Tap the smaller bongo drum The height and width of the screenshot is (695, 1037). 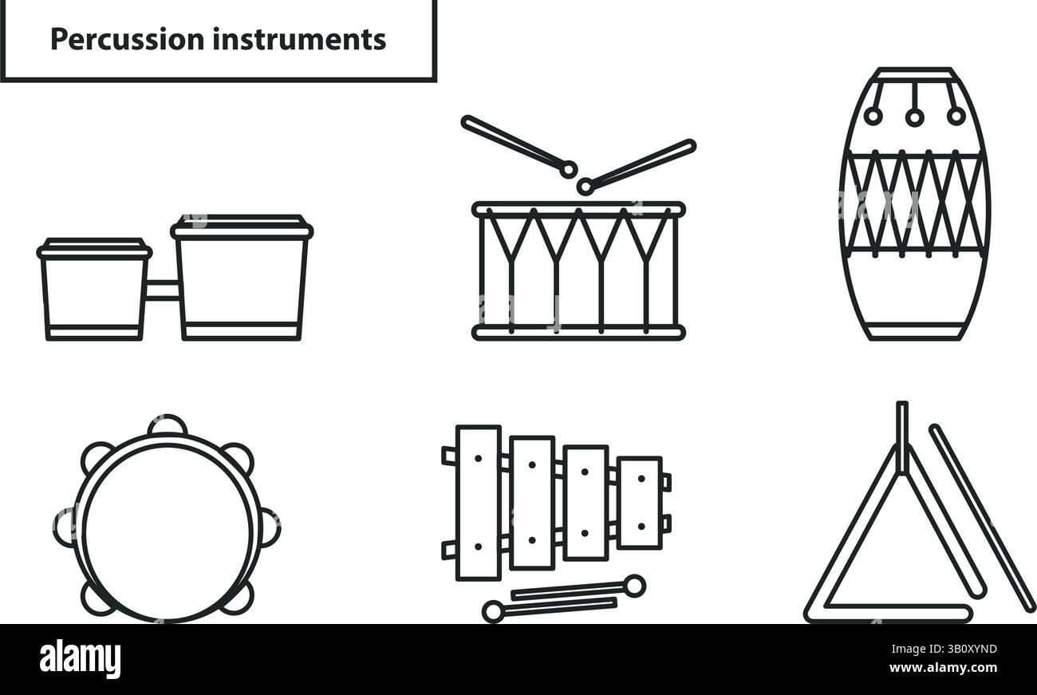coord(94,291)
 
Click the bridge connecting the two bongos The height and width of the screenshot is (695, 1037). coord(162,290)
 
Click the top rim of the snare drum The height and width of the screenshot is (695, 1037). coord(578,209)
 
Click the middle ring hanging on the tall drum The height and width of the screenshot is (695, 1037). coord(914,116)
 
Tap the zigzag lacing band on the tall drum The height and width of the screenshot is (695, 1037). coord(914,203)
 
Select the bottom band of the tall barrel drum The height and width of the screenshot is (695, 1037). coord(914,330)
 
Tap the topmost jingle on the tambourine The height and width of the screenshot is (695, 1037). coord(168,425)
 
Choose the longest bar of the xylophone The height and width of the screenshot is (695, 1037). coord(478,502)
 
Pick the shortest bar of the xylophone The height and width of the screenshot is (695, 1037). coord(639,502)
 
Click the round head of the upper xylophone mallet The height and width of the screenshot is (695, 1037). coord(633,586)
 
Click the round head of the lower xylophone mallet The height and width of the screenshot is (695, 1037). coord(493,612)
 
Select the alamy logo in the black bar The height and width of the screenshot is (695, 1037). coord(80,659)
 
